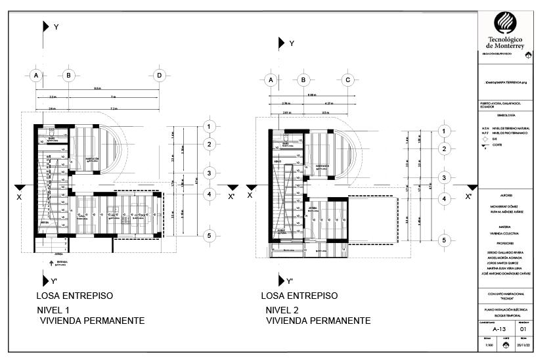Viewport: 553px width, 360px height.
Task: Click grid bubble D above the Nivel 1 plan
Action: (x=158, y=76)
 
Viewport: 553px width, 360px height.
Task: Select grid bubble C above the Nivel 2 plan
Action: (x=348, y=80)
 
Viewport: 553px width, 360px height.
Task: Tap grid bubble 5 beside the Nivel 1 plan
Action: (x=209, y=235)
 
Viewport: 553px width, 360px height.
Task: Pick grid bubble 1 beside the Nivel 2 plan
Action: (x=444, y=131)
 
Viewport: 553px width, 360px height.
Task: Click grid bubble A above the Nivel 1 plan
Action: (x=36, y=76)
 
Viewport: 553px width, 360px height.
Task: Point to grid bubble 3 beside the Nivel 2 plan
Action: (x=444, y=178)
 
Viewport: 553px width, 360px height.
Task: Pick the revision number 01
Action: (x=523, y=330)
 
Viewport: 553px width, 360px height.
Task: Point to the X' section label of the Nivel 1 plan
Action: (x=231, y=196)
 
